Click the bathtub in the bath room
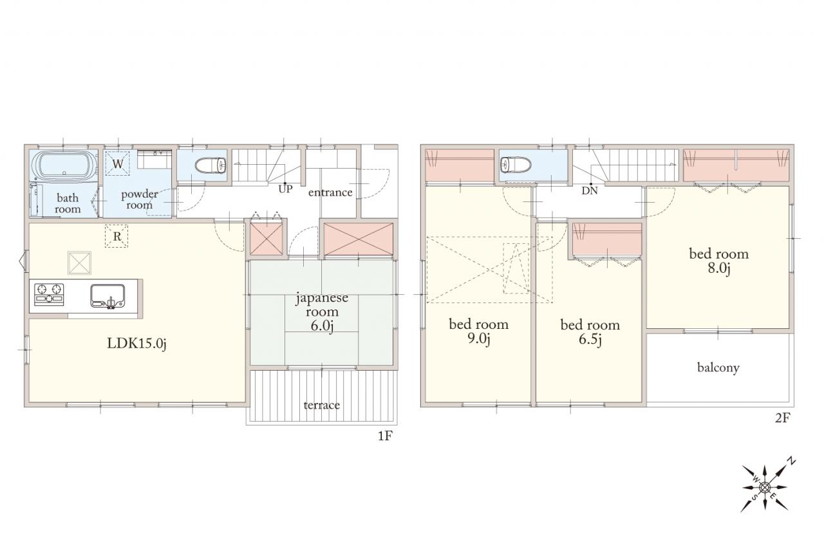click(64, 166)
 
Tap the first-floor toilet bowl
click(210, 165)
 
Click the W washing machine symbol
click(118, 163)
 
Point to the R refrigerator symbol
click(117, 236)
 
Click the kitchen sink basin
click(108, 296)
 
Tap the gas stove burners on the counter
click(49, 294)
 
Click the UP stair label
click(285, 189)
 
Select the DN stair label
click(590, 191)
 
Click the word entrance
click(330, 192)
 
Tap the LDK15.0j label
click(137, 344)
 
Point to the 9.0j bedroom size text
click(478, 339)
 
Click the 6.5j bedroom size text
click(590, 339)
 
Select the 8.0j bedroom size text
click(719, 268)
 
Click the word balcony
click(718, 368)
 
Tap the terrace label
click(321, 405)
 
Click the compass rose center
click(765, 488)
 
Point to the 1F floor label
click(385, 436)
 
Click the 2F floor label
click(782, 418)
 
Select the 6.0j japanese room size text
click(322, 326)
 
